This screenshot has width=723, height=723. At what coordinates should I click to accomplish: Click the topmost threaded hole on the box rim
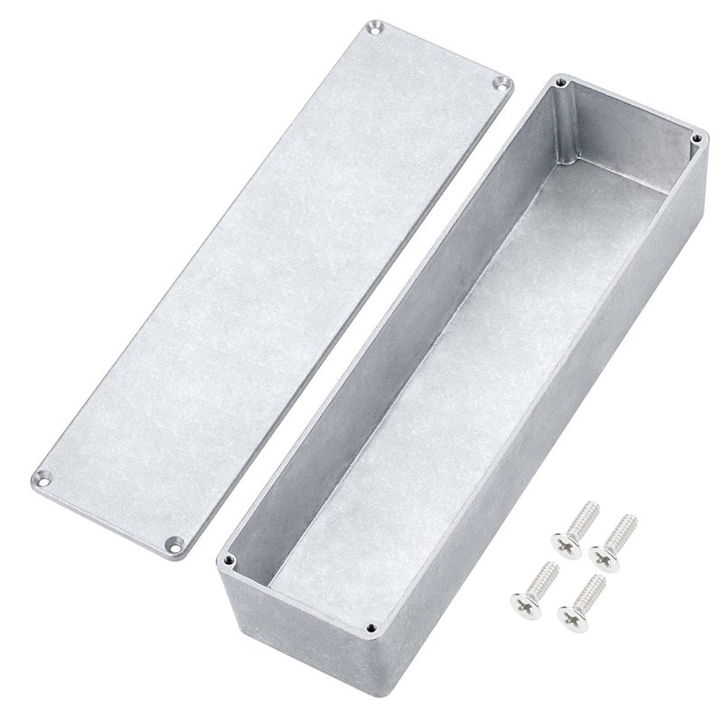pyautogui.click(x=562, y=84)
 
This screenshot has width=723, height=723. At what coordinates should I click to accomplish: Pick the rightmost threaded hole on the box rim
pyautogui.click(x=695, y=137)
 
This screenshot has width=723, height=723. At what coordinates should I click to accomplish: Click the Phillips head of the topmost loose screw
pyautogui.click(x=561, y=543)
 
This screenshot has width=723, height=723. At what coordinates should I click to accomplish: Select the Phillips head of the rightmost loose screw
pyautogui.click(x=602, y=549)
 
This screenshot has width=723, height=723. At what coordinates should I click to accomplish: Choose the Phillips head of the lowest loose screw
pyautogui.click(x=569, y=618)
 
